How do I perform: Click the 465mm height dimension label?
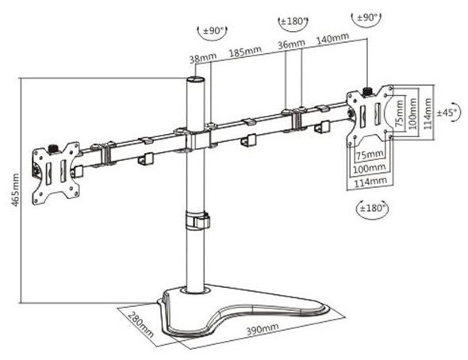point(15,190)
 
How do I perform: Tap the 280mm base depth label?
point(141,324)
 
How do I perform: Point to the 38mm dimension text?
point(203,58)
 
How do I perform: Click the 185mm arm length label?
point(245,51)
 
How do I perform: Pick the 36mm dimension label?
point(291,44)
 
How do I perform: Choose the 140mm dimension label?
point(332,38)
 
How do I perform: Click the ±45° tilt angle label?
point(447,113)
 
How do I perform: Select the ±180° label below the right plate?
point(373,208)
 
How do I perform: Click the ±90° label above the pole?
point(213,30)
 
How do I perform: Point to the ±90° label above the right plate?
point(367,17)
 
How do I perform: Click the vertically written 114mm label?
point(428,113)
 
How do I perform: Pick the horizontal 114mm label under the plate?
point(370,182)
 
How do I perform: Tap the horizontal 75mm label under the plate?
point(370,155)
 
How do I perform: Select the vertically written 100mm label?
point(412,113)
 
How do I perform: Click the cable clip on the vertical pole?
point(198,220)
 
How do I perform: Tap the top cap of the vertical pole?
point(195,80)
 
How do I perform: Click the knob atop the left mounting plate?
point(53,149)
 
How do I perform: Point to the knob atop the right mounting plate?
point(366,91)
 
